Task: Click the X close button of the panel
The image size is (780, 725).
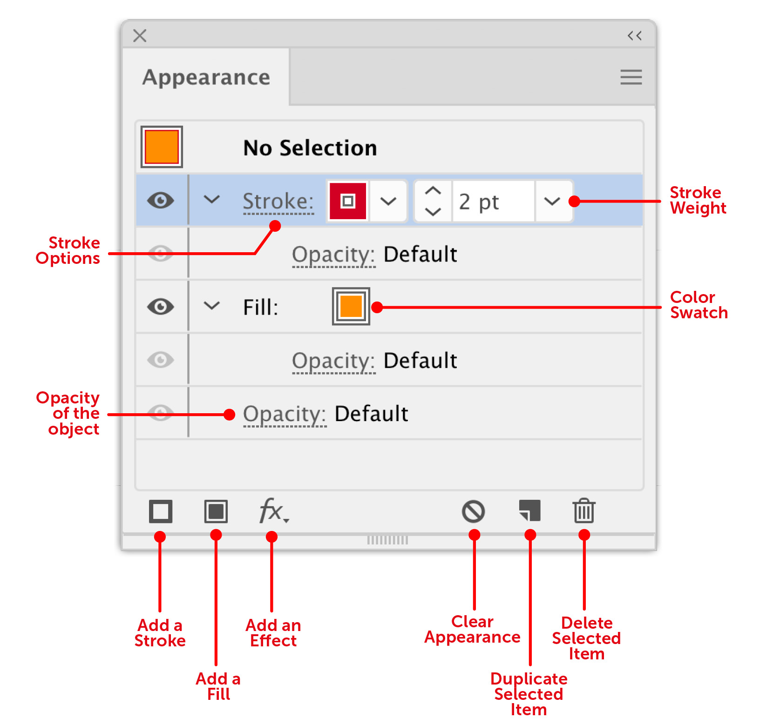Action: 140,35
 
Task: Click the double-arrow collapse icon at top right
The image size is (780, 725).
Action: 634,35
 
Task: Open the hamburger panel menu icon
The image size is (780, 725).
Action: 631,77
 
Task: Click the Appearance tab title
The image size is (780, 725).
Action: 206,77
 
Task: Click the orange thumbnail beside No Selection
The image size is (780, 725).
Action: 162,147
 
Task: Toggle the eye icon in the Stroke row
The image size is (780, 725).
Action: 161,201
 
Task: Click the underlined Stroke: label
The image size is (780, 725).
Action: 278,201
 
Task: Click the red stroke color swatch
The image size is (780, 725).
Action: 348,201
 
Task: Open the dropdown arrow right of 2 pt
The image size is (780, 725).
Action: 552,201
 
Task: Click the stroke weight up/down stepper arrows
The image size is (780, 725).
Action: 433,201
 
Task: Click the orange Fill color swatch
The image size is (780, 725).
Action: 351,306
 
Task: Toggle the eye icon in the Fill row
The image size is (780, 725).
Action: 161,307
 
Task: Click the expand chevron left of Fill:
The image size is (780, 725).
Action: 212,306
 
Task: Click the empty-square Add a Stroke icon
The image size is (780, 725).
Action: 161,511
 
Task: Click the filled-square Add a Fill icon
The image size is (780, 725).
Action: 216,511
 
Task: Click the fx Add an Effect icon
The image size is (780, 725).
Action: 273,510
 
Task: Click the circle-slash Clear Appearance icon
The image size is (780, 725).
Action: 474,511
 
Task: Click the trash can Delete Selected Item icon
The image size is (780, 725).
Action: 584,511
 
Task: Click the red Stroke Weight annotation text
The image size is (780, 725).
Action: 698,200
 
